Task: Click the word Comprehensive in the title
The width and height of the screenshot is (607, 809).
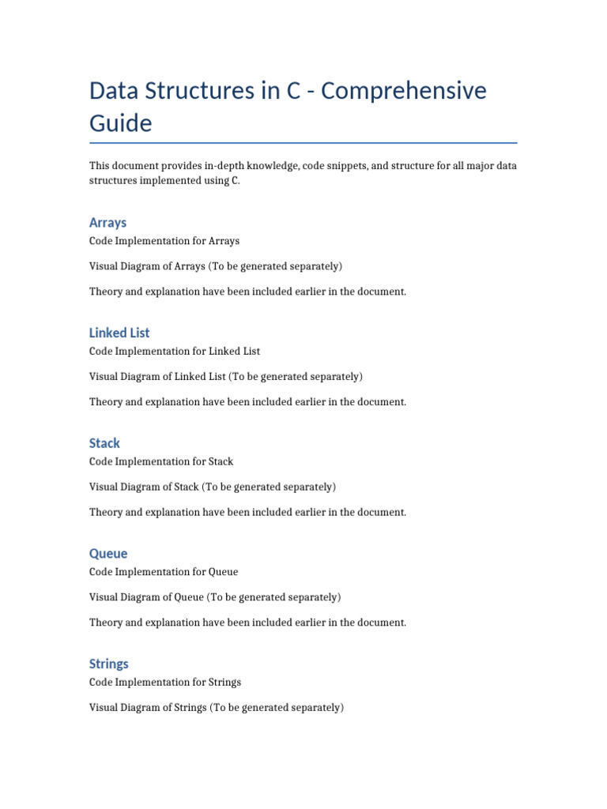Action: tap(404, 92)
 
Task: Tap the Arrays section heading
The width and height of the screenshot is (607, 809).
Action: tap(107, 223)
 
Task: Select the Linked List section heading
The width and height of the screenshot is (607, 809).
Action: tap(119, 333)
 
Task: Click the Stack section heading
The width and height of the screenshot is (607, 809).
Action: tap(104, 443)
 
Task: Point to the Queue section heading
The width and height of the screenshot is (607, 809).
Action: tap(108, 554)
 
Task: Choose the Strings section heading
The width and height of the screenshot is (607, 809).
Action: tap(109, 664)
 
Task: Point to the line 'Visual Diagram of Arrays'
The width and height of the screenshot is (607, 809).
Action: tap(216, 266)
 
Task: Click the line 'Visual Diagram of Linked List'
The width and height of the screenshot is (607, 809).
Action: tap(226, 376)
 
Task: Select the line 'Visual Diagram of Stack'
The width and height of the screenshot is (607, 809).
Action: tap(213, 487)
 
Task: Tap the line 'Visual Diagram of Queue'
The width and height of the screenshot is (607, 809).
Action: tap(215, 597)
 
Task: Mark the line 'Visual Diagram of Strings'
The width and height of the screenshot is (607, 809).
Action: tap(217, 708)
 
